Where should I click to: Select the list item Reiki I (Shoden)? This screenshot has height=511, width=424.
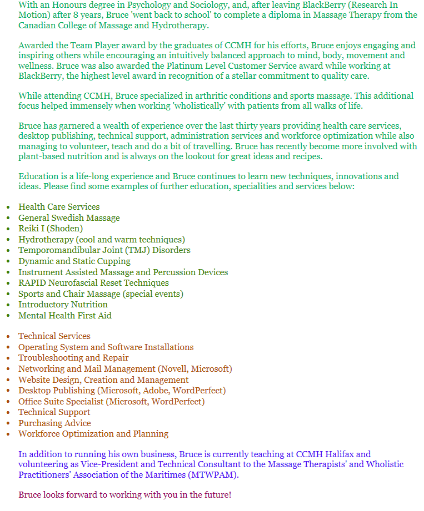tap(51, 229)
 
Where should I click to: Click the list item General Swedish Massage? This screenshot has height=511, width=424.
tap(69, 218)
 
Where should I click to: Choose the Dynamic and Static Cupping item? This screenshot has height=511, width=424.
tap(74, 261)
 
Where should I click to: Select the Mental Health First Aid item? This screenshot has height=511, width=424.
tap(65, 316)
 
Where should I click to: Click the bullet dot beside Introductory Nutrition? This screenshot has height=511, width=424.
tap(8, 305)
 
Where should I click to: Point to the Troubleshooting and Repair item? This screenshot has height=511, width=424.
tap(73, 358)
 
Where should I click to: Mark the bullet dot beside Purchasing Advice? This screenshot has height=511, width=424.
tap(8, 424)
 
